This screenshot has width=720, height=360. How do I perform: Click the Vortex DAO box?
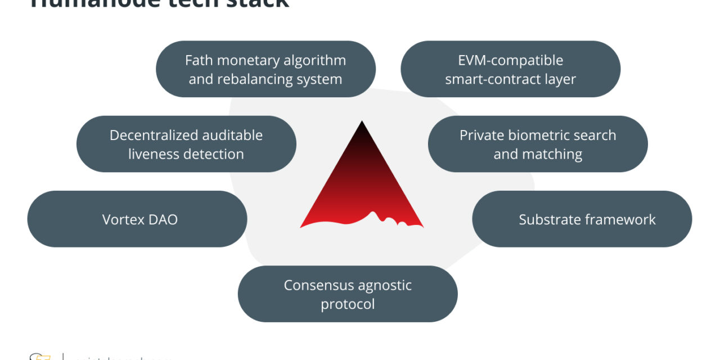point(137,219)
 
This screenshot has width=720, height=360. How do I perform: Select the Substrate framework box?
point(582,219)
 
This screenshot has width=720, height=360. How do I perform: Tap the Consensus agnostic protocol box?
point(348,294)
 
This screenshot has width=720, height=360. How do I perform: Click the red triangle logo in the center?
point(362,186)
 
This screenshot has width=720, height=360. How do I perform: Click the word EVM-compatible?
point(510,60)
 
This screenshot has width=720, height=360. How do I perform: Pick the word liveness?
point(156,154)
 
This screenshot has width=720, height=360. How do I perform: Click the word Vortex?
point(122,219)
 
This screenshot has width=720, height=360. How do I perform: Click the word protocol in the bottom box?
point(348,304)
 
